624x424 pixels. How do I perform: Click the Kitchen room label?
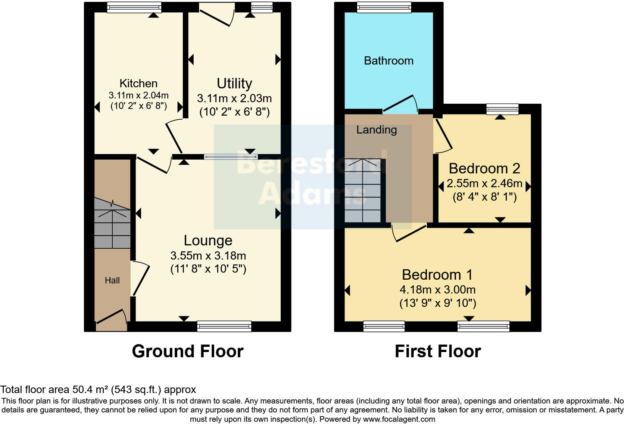point(138,83)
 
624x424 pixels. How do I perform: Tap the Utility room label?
point(234,83)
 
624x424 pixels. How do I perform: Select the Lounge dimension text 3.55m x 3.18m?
point(208,256)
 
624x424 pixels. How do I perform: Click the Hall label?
point(112,280)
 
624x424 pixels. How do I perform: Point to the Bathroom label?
point(389,61)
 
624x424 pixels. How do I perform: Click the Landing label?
point(376,130)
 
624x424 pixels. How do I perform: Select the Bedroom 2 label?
point(484,169)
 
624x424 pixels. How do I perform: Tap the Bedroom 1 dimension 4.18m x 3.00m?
point(437,290)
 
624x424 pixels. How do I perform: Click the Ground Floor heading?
point(187,351)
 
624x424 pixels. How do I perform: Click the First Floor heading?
point(437,351)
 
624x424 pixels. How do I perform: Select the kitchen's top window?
point(134,7)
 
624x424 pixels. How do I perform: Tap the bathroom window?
point(384,7)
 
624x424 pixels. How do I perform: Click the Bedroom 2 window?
point(502,109)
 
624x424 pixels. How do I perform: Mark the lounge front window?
point(224,327)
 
